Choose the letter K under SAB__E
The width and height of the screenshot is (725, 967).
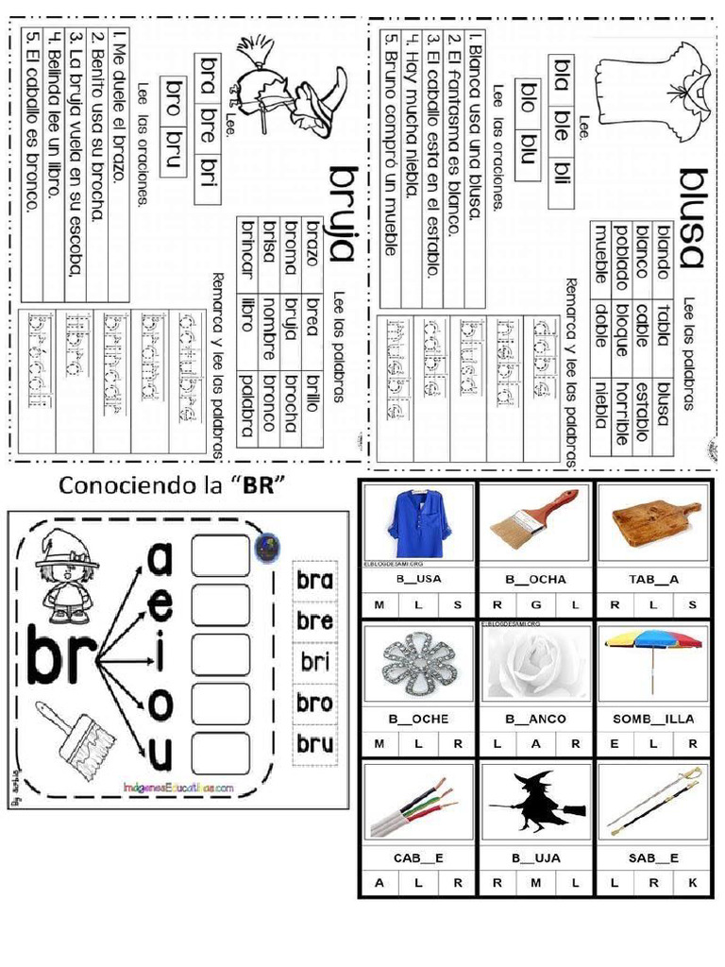click(692, 884)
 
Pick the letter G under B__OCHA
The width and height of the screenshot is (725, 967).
click(535, 605)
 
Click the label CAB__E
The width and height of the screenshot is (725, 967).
click(418, 858)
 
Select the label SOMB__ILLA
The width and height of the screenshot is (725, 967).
click(653, 719)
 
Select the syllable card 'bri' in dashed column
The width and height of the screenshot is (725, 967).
click(313, 661)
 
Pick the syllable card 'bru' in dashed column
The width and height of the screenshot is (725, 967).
click(313, 742)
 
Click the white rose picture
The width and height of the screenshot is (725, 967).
click(535, 662)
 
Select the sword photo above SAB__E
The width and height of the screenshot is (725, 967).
click(653, 802)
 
